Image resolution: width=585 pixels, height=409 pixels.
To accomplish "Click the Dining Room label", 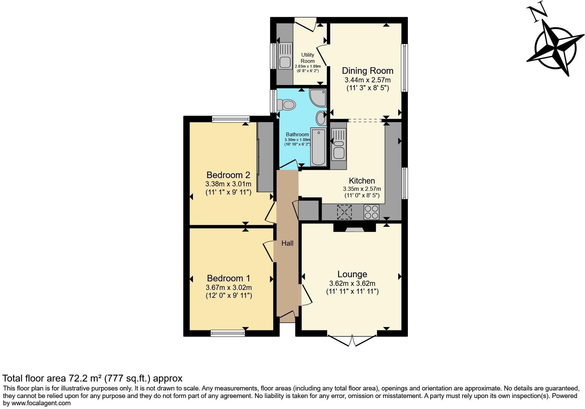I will tap(367, 71).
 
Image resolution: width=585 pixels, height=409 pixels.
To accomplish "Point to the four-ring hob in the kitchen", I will tap(371, 212).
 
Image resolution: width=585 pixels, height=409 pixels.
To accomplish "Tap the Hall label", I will tap(287, 243).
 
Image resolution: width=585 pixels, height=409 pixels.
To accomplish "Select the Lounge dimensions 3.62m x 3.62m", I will tap(352, 283).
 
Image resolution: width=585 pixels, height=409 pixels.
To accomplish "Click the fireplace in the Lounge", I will tap(354, 228).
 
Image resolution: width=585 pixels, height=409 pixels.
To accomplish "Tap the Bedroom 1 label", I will tap(229, 278).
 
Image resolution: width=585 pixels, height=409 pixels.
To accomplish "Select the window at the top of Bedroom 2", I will tap(231, 119).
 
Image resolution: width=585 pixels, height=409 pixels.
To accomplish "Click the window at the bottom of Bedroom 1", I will tap(228, 332).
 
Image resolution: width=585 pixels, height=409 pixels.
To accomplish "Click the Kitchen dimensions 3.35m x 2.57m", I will tap(362, 189).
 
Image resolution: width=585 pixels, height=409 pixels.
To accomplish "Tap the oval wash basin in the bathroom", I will tap(321, 118).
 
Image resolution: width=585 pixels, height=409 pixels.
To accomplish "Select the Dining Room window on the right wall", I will tap(404, 68).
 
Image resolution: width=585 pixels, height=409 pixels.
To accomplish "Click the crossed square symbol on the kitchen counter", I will tap(344, 212).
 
